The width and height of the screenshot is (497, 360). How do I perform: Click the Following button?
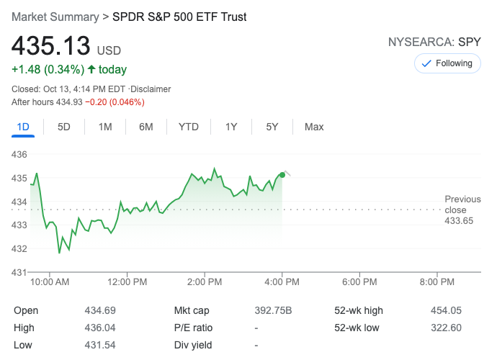click(447, 63)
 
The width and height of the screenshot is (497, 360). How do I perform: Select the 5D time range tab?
click(64, 127)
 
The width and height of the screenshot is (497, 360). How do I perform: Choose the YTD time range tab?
click(188, 127)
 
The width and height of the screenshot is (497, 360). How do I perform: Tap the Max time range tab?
click(314, 127)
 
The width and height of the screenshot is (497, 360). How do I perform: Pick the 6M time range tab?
click(146, 127)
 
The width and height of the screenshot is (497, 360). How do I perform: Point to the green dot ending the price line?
click(282, 175)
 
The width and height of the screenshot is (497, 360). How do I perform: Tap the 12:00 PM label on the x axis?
click(127, 282)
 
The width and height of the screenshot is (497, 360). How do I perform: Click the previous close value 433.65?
click(459, 221)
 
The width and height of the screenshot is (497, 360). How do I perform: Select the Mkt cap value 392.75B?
click(273, 310)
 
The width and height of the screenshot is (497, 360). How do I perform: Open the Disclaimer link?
click(151, 89)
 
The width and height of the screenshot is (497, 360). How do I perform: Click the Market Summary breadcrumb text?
click(55, 16)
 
